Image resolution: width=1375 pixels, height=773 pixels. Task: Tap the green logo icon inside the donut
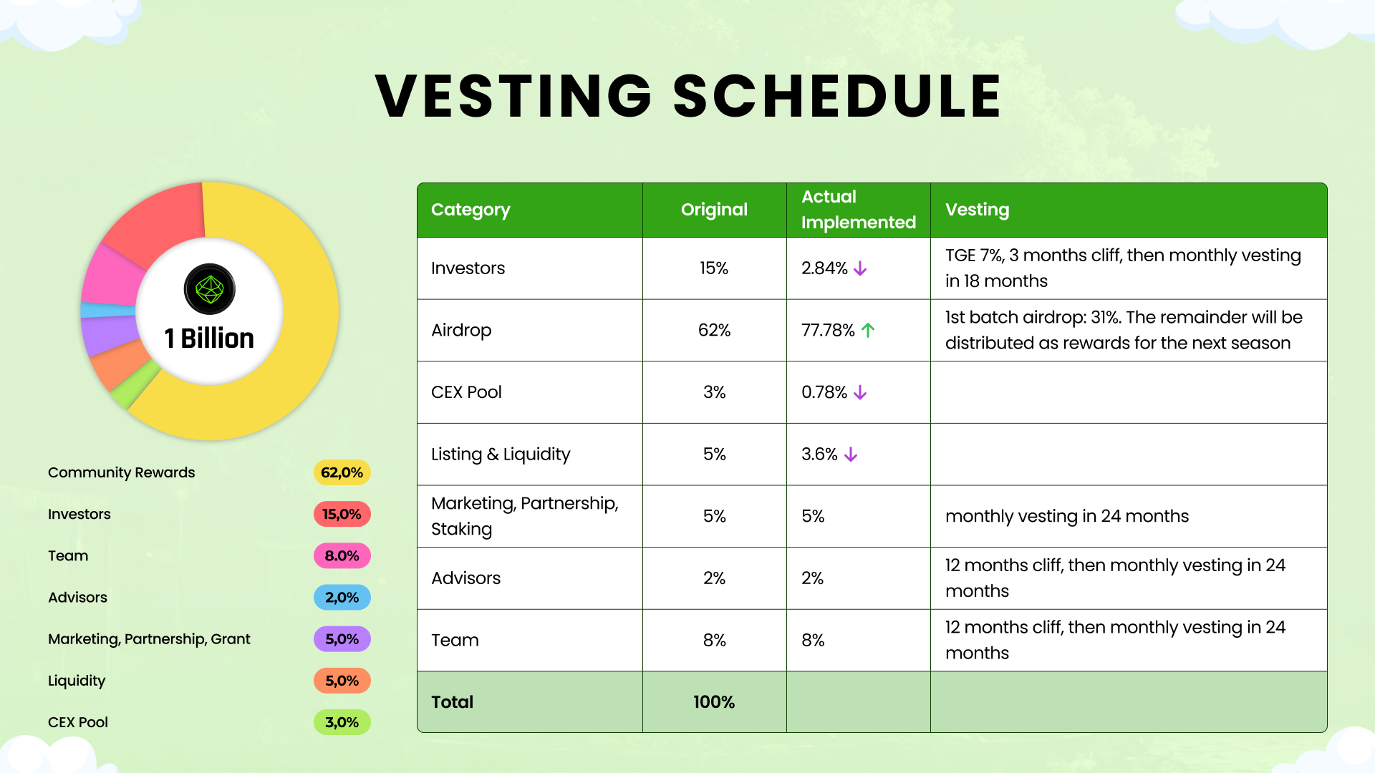pyautogui.click(x=210, y=289)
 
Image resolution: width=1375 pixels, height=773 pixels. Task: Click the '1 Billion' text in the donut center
pyautogui.click(x=209, y=338)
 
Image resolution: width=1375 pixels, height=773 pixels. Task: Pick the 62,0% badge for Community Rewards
pyautogui.click(x=342, y=472)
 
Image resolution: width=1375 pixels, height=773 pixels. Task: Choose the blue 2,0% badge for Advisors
pyautogui.click(x=342, y=598)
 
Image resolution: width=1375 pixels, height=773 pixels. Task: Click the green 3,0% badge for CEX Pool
pyautogui.click(x=342, y=722)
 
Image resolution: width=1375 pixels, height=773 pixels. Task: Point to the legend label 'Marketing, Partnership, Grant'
pyautogui.click(x=149, y=639)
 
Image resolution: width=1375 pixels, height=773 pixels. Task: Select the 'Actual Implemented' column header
pyautogui.click(x=858, y=210)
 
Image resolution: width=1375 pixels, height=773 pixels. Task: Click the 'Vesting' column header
pyautogui.click(x=977, y=210)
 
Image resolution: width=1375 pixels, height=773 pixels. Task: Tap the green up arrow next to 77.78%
pyautogui.click(x=868, y=330)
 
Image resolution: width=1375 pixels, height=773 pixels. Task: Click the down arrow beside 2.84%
pyautogui.click(x=860, y=268)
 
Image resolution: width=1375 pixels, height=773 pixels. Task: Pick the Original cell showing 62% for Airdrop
pyautogui.click(x=714, y=330)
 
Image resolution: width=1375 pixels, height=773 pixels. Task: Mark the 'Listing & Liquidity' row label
pyautogui.click(x=501, y=454)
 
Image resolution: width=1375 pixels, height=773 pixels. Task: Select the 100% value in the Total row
pyautogui.click(x=714, y=702)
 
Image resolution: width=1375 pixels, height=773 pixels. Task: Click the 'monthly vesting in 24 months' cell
pyautogui.click(x=1066, y=516)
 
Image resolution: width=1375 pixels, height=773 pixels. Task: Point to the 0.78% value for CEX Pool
pyautogui.click(x=824, y=392)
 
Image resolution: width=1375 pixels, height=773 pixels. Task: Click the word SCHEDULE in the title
pyautogui.click(x=836, y=97)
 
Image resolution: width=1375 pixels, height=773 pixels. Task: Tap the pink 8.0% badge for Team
pyautogui.click(x=342, y=556)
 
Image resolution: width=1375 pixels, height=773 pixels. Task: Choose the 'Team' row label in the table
pyautogui.click(x=455, y=640)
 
